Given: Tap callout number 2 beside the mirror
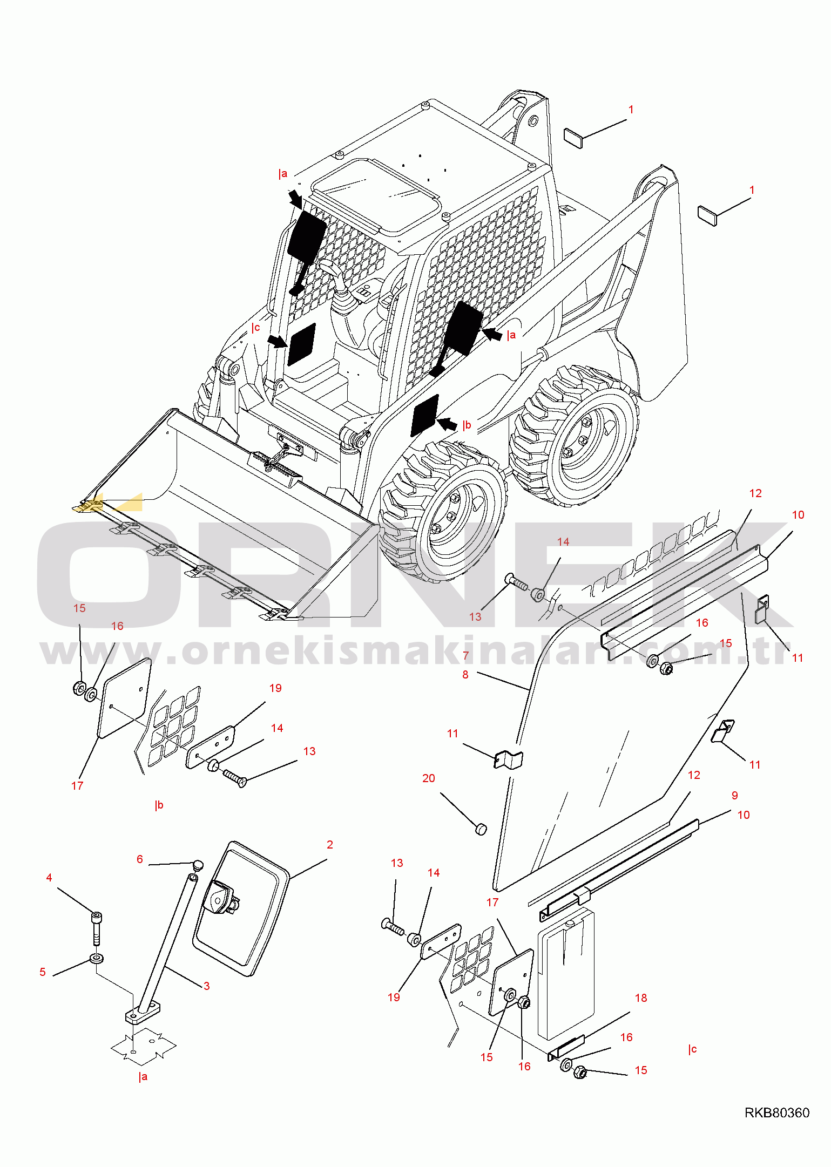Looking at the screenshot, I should click(x=330, y=845).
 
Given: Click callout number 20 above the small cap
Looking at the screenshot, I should click(x=428, y=778).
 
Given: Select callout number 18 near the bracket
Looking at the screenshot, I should click(x=641, y=998).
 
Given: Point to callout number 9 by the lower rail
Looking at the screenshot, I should click(x=735, y=796).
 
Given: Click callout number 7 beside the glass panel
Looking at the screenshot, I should click(x=465, y=656).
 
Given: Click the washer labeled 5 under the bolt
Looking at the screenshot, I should click(x=97, y=959).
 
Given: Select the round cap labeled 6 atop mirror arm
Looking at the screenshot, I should click(x=198, y=865).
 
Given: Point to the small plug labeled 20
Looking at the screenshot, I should click(x=481, y=828).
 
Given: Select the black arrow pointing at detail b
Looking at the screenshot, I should click(x=447, y=424).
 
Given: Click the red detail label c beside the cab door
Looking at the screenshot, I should click(x=255, y=328).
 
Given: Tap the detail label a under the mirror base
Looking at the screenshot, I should click(x=143, y=1076).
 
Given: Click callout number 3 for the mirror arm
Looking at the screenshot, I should click(x=206, y=986).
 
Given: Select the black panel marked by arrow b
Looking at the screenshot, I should click(x=425, y=415).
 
